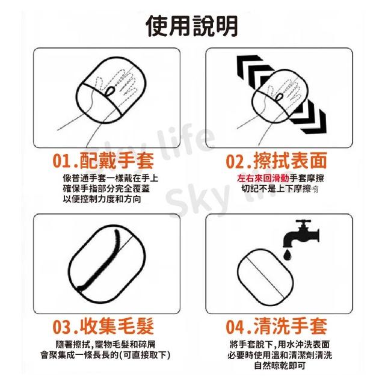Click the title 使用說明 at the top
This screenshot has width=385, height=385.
pyautogui.click(x=192, y=26)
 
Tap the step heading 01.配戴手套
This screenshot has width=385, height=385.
pyautogui.click(x=103, y=161)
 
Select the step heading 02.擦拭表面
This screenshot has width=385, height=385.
pyautogui.click(x=277, y=161)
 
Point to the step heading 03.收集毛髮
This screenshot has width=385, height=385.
pyautogui.click(x=103, y=326)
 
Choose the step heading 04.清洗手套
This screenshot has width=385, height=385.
pyautogui.click(x=277, y=326)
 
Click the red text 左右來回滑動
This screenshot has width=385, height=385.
pyautogui.click(x=263, y=178)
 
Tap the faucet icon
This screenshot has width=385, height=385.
pyautogui.click(x=301, y=233)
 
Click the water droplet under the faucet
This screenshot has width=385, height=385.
pyautogui.click(x=287, y=254)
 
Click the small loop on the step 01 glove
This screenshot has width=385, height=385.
pyautogui.click(x=109, y=91)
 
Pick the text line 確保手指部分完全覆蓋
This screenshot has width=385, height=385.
pyautogui.click(x=106, y=189)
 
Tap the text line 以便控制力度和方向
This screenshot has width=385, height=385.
pyautogui.click(x=102, y=199)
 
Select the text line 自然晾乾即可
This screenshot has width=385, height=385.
pyautogui.click(x=280, y=366)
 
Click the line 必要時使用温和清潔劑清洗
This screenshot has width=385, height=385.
pyautogui.click(x=280, y=355)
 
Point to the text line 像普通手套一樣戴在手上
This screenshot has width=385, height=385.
pyautogui.click(x=111, y=178)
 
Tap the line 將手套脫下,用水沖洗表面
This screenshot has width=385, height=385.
pyautogui.click(x=280, y=345)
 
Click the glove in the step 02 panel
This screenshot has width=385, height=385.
pyautogui.click(x=280, y=96)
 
